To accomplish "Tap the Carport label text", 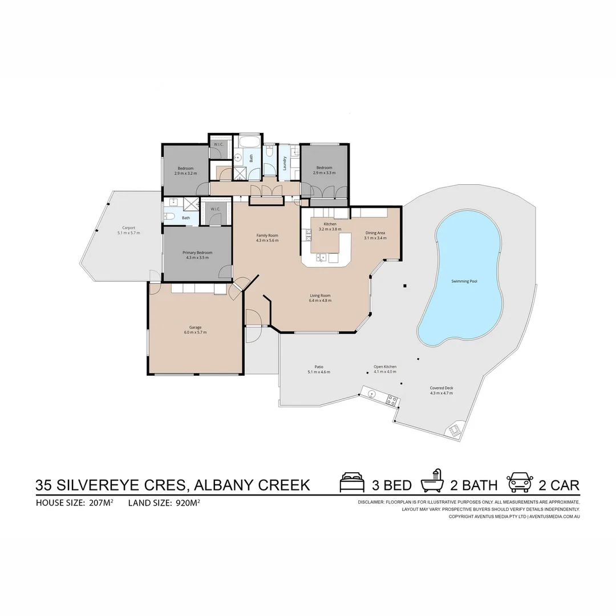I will click(x=128, y=228).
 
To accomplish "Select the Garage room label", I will click(x=195, y=327).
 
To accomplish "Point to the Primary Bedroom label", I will click(x=197, y=253).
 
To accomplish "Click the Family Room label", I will click(x=267, y=236).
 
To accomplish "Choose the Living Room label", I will click(x=320, y=295).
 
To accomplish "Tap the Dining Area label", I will click(x=375, y=233).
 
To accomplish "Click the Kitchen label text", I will click(x=330, y=224).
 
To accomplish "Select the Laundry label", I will click(x=285, y=164).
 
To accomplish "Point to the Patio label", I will click(x=319, y=367).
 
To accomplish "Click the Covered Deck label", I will click(x=441, y=388).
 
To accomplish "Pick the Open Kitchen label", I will click(x=385, y=367).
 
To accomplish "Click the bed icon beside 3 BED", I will click(x=352, y=483).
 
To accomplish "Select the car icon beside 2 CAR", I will click(x=520, y=483).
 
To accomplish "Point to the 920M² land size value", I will click(x=188, y=503).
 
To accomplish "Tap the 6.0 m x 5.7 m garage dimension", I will click(x=195, y=332).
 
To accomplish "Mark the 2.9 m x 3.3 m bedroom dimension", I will click(x=324, y=172).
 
